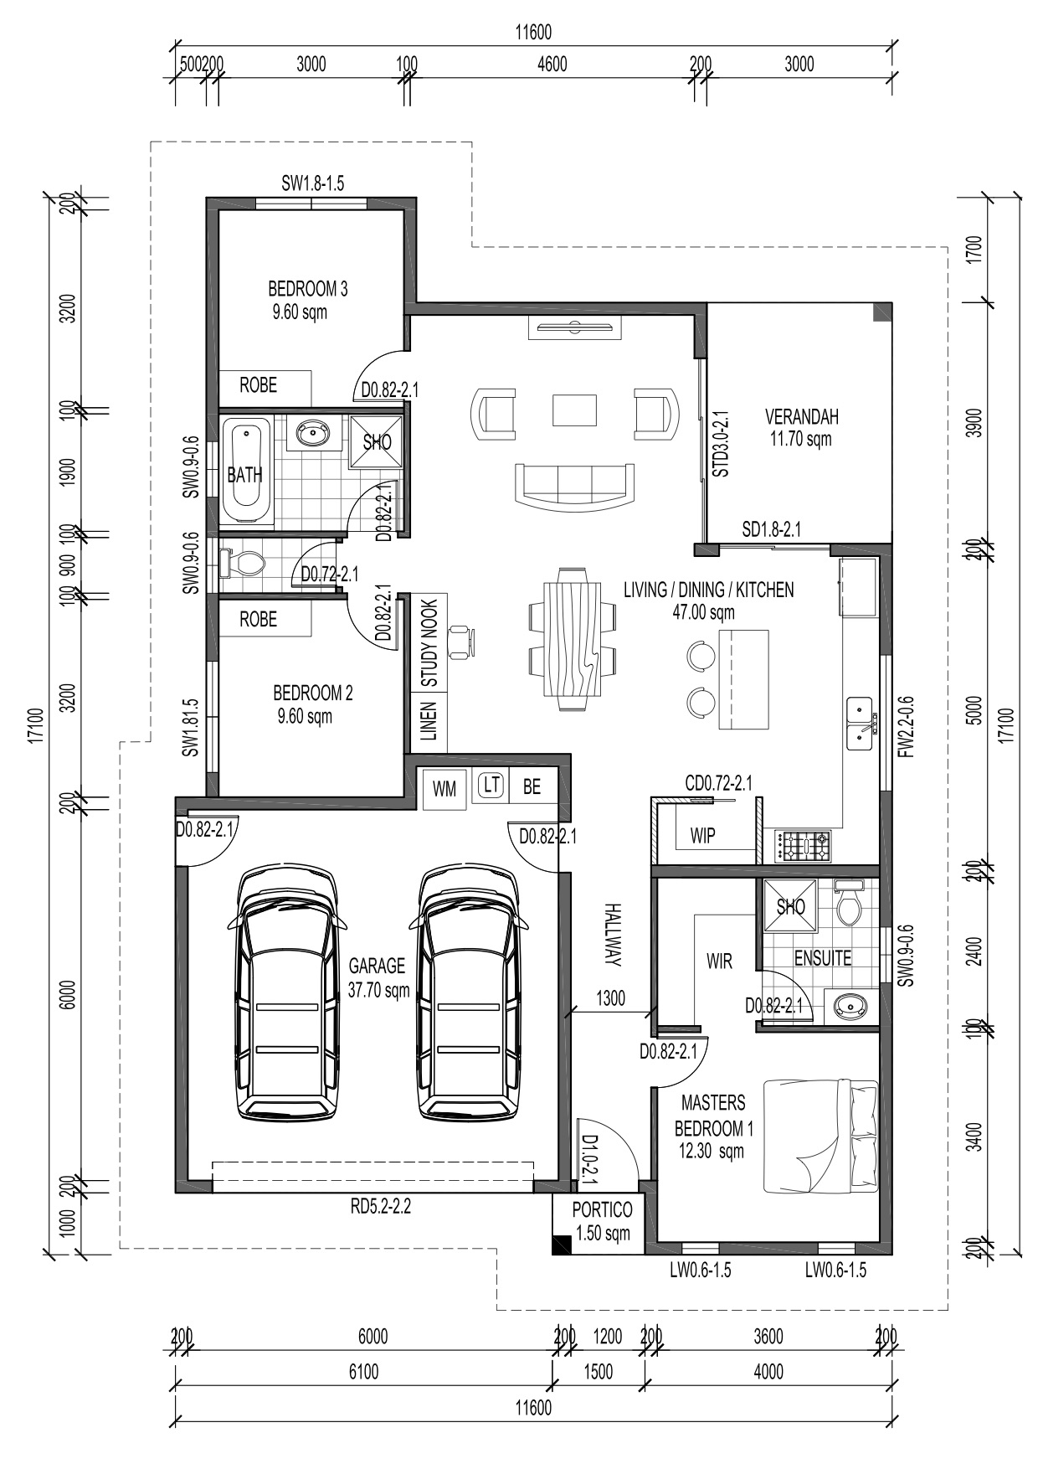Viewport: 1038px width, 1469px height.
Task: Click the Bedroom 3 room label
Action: click(x=307, y=289)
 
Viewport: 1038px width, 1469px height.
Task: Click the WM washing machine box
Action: click(x=444, y=788)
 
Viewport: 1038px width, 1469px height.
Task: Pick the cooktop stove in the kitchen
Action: click(x=804, y=846)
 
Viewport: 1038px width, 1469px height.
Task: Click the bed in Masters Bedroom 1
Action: click(x=821, y=1137)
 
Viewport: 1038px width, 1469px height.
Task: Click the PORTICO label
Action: click(x=602, y=1209)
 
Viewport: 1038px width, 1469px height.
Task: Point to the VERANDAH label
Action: click(x=801, y=416)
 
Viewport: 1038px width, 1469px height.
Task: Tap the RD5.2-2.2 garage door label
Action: click(x=380, y=1207)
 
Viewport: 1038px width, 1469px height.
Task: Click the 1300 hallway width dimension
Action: click(x=610, y=997)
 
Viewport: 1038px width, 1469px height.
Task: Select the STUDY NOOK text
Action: click(x=429, y=643)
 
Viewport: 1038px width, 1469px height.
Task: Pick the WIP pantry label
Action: click(x=702, y=836)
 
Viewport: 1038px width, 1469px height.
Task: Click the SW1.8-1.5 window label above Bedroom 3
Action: click(x=312, y=183)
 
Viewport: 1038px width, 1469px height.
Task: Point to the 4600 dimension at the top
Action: click(x=552, y=64)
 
